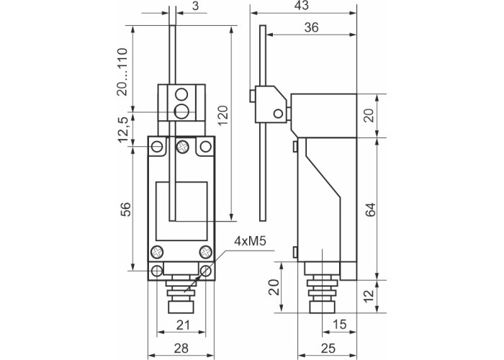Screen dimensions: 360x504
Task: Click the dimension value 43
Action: [302, 6]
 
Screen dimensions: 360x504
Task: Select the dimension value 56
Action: [123, 209]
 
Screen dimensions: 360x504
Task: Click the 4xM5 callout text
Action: [251, 243]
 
